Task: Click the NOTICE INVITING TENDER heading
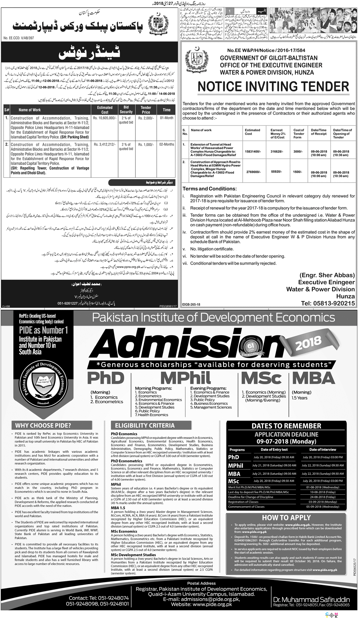click(x=273, y=87)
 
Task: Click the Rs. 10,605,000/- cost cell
click(x=105, y=118)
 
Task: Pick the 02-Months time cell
click(x=167, y=145)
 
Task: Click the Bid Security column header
click(x=126, y=110)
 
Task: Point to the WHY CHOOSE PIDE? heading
click(x=43, y=425)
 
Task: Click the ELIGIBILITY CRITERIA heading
click(x=148, y=425)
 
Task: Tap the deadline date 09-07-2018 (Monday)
click(x=286, y=441)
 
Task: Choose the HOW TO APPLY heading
click(x=286, y=518)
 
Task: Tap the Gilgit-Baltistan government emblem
click(x=196, y=60)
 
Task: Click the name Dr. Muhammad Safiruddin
click(x=311, y=600)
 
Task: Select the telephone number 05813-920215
click(x=328, y=304)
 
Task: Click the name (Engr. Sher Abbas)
click(x=327, y=275)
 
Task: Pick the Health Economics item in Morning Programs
click(x=153, y=415)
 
